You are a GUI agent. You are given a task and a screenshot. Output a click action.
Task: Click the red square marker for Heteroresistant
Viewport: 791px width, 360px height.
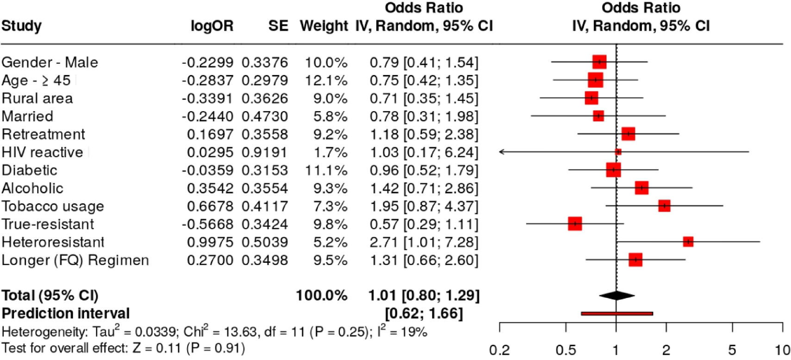click(x=688, y=242)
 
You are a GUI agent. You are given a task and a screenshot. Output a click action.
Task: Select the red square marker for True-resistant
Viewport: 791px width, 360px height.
click(x=575, y=224)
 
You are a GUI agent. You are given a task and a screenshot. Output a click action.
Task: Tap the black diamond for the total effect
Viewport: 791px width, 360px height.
click(x=617, y=295)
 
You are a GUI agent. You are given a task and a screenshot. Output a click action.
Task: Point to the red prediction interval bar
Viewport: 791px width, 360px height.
click(x=617, y=314)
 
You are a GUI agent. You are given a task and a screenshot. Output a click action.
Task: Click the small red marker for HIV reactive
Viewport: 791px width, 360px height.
click(x=618, y=152)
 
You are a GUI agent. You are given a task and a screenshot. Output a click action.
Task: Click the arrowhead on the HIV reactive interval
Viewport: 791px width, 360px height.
click(x=502, y=152)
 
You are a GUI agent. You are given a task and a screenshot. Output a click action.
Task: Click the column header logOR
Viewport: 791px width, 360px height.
click(x=212, y=26)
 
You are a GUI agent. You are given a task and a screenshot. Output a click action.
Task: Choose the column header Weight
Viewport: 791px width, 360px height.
click(x=324, y=26)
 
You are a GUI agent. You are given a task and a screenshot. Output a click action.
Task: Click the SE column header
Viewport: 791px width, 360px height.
click(x=278, y=26)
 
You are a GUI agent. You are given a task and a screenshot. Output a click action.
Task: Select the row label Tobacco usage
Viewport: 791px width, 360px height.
click(x=53, y=206)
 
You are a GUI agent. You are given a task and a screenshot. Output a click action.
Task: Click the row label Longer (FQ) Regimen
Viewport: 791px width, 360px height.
click(x=75, y=260)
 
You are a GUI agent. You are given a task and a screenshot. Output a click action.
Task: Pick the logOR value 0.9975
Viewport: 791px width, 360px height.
click(x=210, y=242)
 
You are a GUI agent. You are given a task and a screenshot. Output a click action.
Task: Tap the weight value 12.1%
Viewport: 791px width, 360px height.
click(x=326, y=81)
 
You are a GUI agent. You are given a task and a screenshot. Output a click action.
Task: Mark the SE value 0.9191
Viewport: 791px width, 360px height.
click(x=264, y=152)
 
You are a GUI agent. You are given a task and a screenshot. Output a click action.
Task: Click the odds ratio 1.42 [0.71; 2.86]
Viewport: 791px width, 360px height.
click(x=424, y=188)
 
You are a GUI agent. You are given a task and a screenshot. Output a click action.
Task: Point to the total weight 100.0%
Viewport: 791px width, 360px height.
click(x=321, y=295)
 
